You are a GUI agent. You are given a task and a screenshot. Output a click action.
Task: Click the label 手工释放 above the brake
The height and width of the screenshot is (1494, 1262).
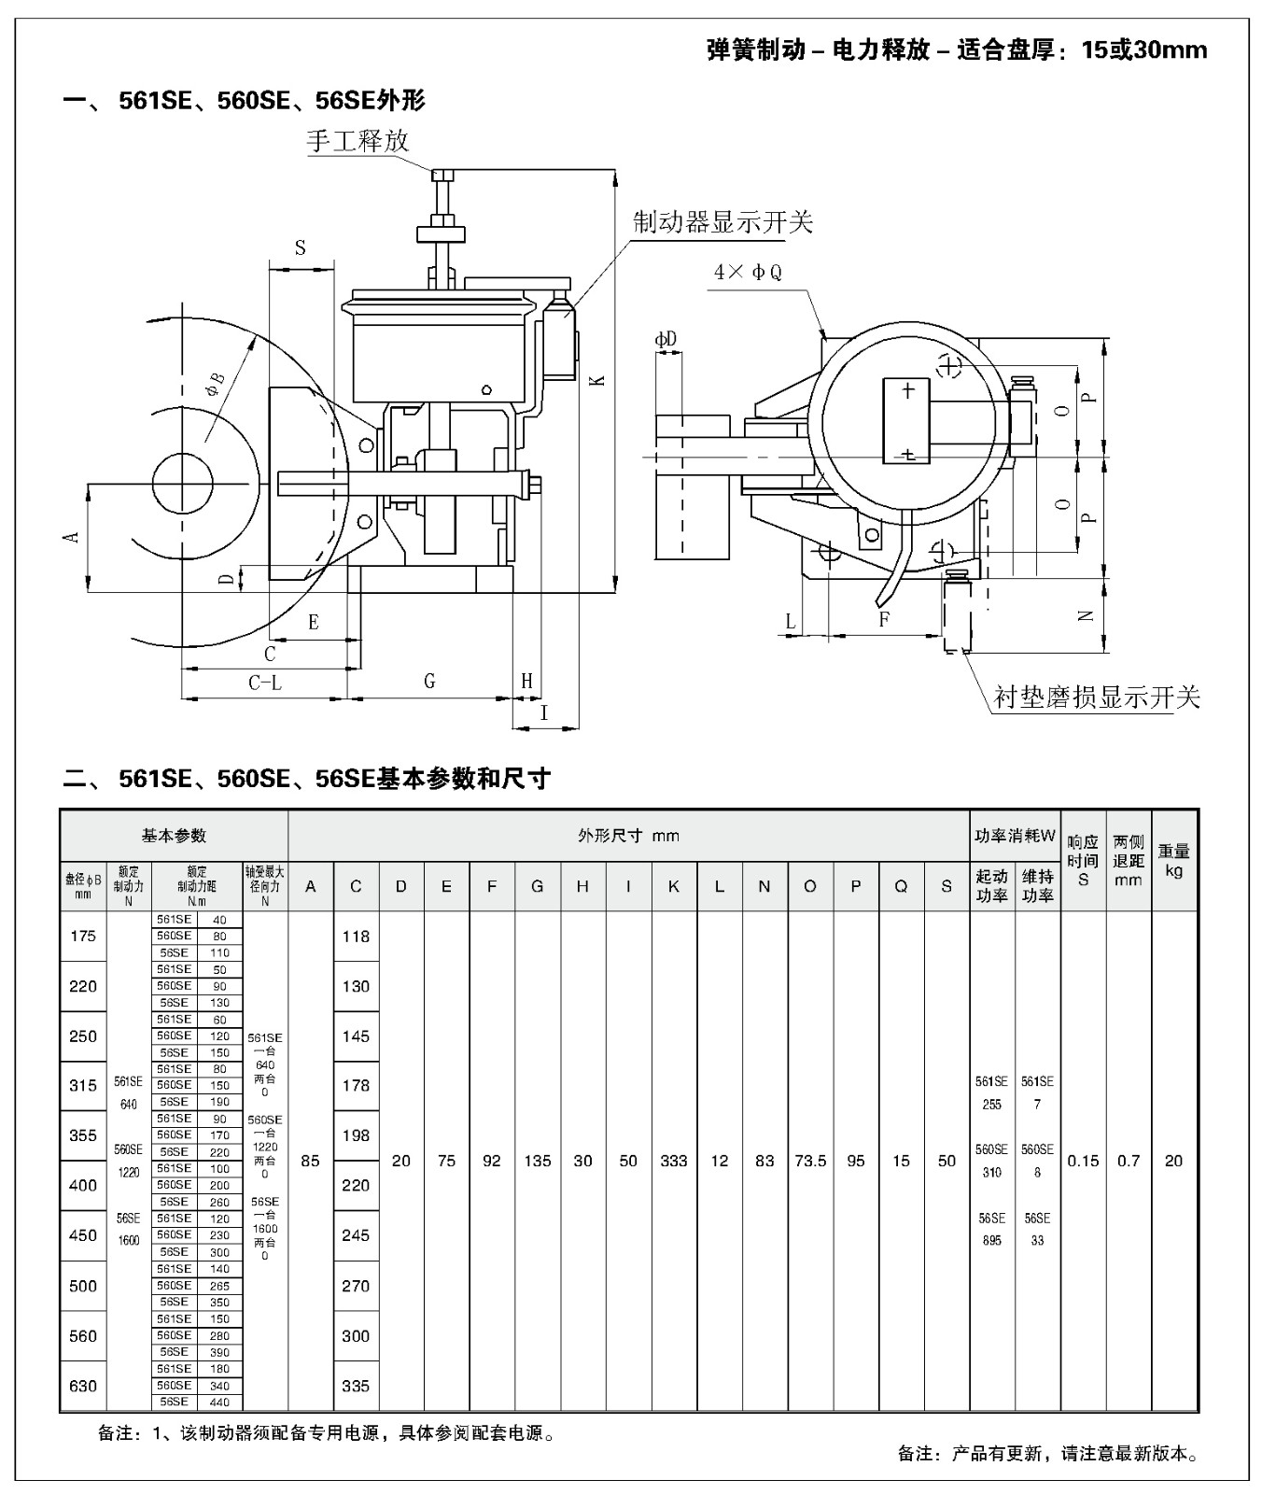coord(358,141)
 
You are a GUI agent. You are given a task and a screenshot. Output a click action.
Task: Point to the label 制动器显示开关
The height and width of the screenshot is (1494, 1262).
coord(722,222)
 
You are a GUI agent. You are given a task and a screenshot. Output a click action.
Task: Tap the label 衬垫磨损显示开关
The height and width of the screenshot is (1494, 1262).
coord(1096,698)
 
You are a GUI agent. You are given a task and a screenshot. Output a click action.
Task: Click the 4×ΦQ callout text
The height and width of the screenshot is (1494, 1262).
coord(748,273)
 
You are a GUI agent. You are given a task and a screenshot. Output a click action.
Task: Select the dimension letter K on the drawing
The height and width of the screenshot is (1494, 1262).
coord(598,380)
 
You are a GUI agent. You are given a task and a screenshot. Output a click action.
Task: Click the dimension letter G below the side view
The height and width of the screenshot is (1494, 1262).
coord(429,682)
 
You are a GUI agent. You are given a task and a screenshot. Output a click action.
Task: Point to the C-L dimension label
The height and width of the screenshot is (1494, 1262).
coord(265,684)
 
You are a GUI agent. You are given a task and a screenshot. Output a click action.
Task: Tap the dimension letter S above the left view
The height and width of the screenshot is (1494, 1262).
coord(301,248)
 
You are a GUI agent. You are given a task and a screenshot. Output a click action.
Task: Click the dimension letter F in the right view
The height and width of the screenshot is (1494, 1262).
coord(884,618)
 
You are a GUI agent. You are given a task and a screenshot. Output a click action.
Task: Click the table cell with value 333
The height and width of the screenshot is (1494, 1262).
coord(674,1161)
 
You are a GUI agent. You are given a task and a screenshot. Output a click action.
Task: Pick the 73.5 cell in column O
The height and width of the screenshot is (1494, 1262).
coord(810,1161)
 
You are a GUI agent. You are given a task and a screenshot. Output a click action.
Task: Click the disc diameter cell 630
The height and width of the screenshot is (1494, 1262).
coord(83,1386)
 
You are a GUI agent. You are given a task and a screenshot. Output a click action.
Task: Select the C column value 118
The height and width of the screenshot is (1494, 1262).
coord(356,937)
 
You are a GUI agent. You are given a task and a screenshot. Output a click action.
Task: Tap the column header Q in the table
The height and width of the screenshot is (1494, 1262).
coord(901,886)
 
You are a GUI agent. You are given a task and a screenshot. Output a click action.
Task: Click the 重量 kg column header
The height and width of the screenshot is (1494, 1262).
coord(1173,860)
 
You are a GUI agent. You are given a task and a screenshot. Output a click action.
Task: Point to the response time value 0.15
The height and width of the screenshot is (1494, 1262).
coord(1083,1161)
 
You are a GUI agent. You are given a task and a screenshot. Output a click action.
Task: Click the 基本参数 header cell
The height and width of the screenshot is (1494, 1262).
coord(174,835)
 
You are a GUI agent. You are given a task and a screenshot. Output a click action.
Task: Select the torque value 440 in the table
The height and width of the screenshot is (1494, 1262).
coord(219,1402)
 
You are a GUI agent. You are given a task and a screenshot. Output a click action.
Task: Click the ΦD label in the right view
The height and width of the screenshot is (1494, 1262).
coord(666,340)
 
